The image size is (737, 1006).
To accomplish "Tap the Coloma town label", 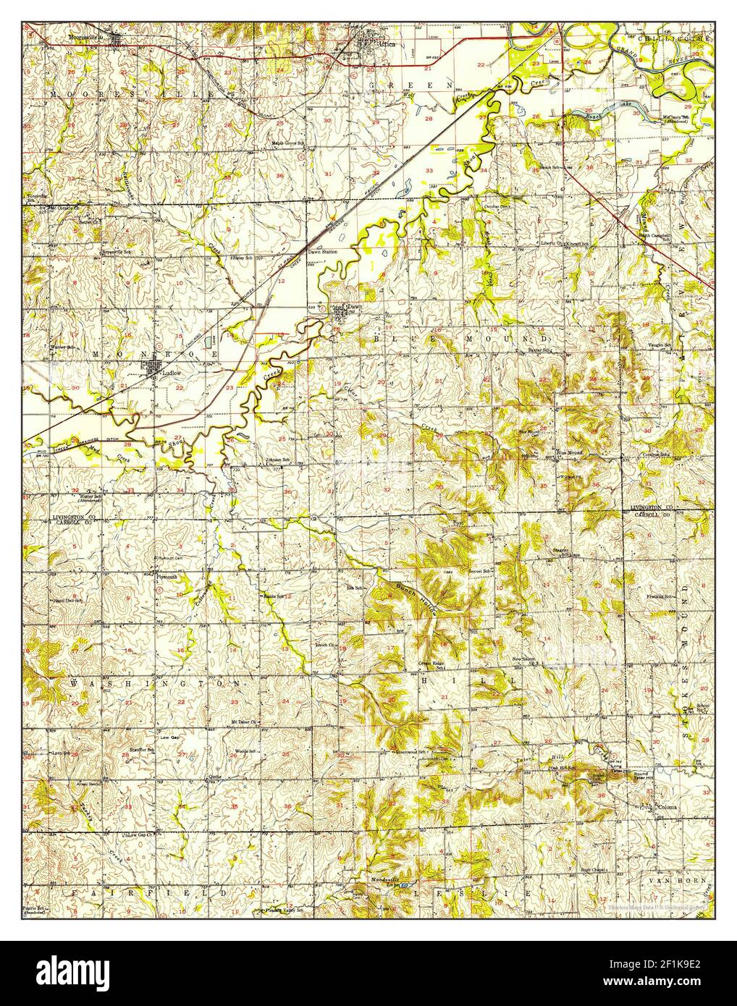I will [x=666, y=806].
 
